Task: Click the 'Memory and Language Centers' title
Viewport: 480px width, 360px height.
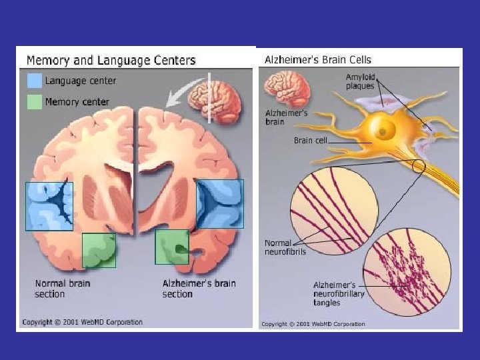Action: (111, 60)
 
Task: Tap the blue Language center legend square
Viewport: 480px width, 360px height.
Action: (34, 81)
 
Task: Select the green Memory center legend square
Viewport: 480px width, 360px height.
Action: (34, 101)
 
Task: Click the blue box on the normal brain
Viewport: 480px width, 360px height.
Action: (49, 206)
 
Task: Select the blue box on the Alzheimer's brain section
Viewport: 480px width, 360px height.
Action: (220, 203)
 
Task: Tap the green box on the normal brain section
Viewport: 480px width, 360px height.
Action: (99, 250)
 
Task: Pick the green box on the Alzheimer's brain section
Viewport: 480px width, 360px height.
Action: (172, 247)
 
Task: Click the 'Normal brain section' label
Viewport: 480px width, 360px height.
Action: (62, 289)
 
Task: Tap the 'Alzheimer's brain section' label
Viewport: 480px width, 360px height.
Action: (199, 289)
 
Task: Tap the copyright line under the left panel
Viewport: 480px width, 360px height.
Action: (82, 323)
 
